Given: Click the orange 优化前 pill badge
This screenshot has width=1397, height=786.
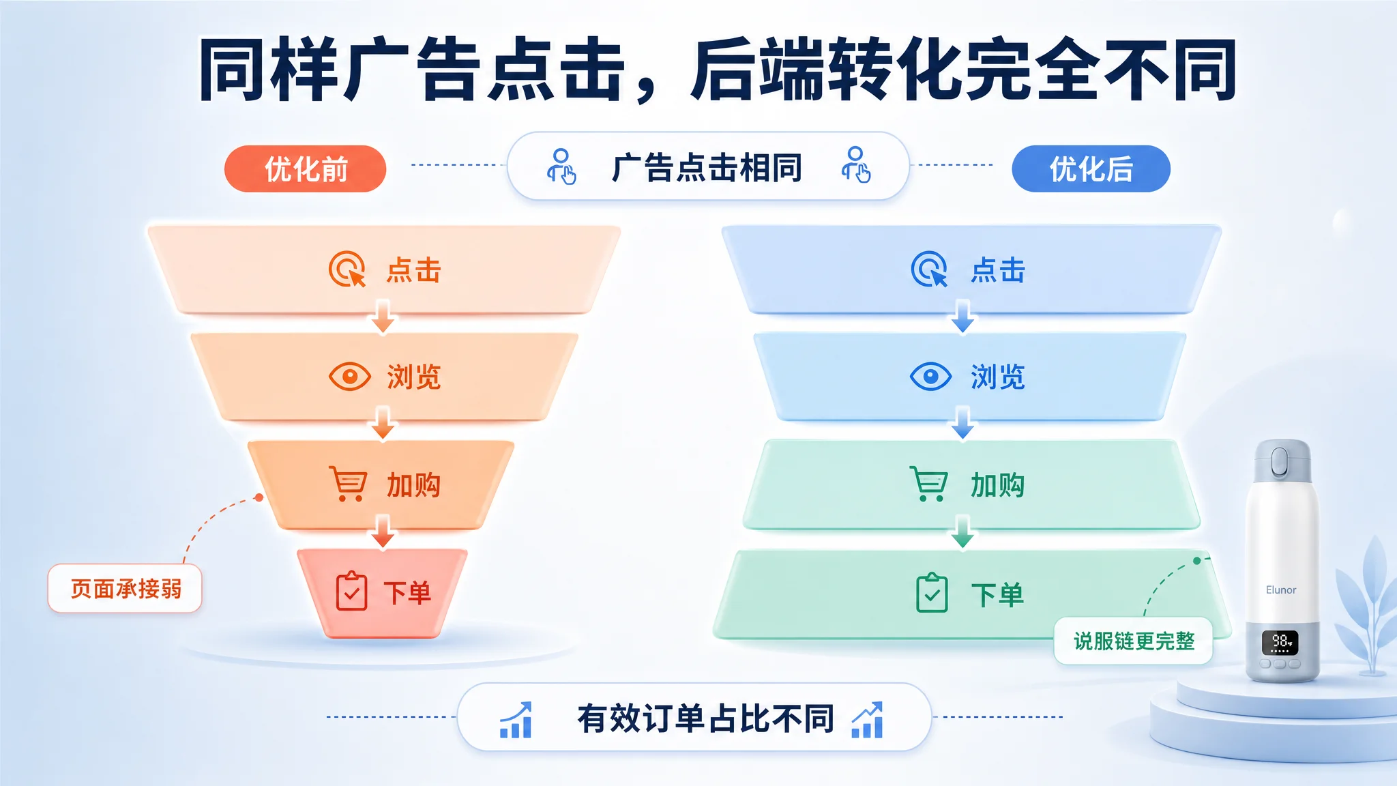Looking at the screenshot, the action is click(305, 169).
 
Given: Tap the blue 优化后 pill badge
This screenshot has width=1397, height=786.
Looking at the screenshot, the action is click(1091, 169).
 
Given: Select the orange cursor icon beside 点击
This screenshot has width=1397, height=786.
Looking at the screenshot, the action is click(347, 270).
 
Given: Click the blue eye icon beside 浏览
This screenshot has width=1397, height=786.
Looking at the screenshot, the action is click(930, 376).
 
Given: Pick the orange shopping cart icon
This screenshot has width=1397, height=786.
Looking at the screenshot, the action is click(349, 484).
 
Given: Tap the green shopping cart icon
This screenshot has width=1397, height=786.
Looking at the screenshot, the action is click(929, 484).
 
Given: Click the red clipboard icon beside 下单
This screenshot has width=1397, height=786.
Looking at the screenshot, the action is click(351, 591).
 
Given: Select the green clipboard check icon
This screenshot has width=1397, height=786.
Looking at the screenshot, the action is click(932, 592).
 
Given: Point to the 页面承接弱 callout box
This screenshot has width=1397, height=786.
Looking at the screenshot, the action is click(125, 588).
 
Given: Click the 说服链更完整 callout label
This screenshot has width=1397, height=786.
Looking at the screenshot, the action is click(1134, 641).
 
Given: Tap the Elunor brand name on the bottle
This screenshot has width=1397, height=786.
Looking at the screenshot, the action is click(1281, 589).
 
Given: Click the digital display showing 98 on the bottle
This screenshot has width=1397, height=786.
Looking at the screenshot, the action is click(1280, 643).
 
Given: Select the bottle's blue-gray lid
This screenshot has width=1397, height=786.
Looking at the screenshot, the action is click(1282, 461).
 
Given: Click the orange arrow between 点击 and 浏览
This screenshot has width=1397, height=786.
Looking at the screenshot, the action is click(383, 317).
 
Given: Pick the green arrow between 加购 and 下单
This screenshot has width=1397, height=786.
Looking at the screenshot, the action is click(962, 532).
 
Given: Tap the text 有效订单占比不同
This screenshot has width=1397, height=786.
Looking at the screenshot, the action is click(706, 718).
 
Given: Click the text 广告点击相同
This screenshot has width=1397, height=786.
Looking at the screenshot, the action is click(707, 168).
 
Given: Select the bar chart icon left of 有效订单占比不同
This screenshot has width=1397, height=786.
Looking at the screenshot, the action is click(516, 720).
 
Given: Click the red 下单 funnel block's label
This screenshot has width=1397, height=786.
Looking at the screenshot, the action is click(407, 592).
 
